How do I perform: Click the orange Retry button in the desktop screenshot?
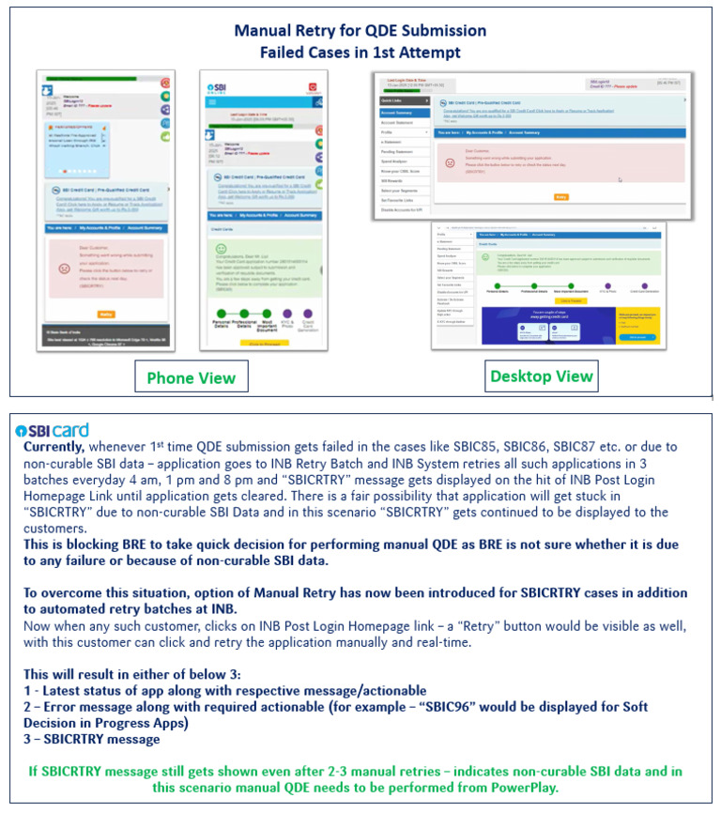561,197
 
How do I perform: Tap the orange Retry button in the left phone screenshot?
105,314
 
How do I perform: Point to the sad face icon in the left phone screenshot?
64,268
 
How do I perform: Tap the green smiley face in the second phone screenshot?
222,250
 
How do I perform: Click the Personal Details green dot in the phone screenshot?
222,314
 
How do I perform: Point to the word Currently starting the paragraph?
57,447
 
